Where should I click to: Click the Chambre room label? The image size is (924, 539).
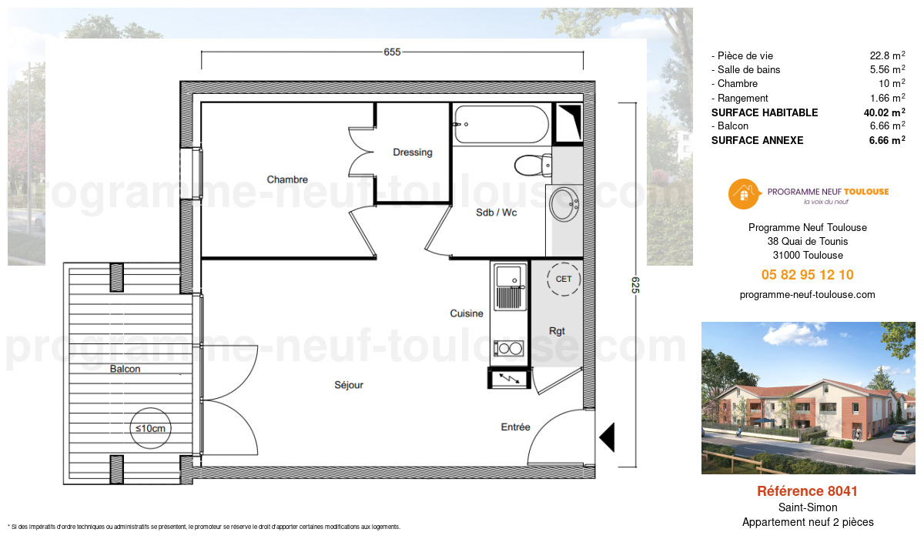pos(287,179)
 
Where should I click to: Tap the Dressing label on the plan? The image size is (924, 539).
pos(413,152)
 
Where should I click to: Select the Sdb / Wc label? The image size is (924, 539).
pos(496,213)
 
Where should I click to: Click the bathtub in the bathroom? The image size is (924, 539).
pos(500,124)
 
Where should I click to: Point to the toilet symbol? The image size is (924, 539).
pos(531,164)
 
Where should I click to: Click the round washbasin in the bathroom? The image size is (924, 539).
pos(564,203)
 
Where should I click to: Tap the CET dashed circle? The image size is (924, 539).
pos(564,279)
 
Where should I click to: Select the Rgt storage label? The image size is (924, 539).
pos(557,331)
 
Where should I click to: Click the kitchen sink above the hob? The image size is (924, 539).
pos(509,286)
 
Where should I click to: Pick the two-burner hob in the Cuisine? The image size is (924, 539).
pos(509,348)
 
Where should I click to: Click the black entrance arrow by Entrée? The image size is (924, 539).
pos(607,437)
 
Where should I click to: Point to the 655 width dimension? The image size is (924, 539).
pos(392,52)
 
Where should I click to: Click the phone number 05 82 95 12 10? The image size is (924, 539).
pos(807,275)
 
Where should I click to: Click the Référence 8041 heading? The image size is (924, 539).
pos(807,491)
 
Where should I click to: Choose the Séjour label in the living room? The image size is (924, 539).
pos(349,385)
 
